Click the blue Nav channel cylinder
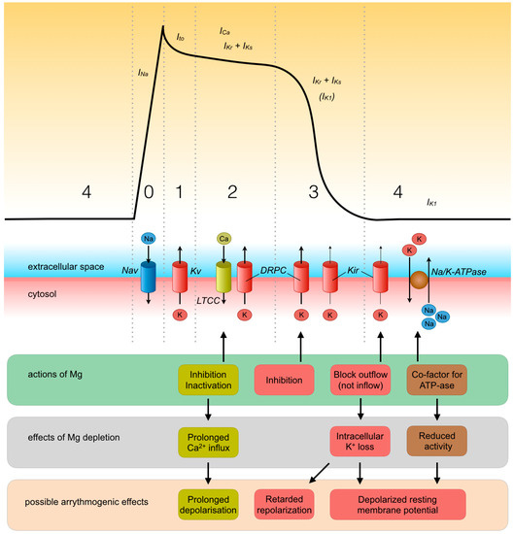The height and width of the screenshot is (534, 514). [x=148, y=276]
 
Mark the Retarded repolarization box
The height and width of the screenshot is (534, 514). [x=288, y=501]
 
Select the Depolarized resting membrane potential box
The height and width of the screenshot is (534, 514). [x=400, y=501]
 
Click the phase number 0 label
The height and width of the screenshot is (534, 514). [x=148, y=194]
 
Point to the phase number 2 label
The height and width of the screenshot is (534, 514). [x=231, y=194]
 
